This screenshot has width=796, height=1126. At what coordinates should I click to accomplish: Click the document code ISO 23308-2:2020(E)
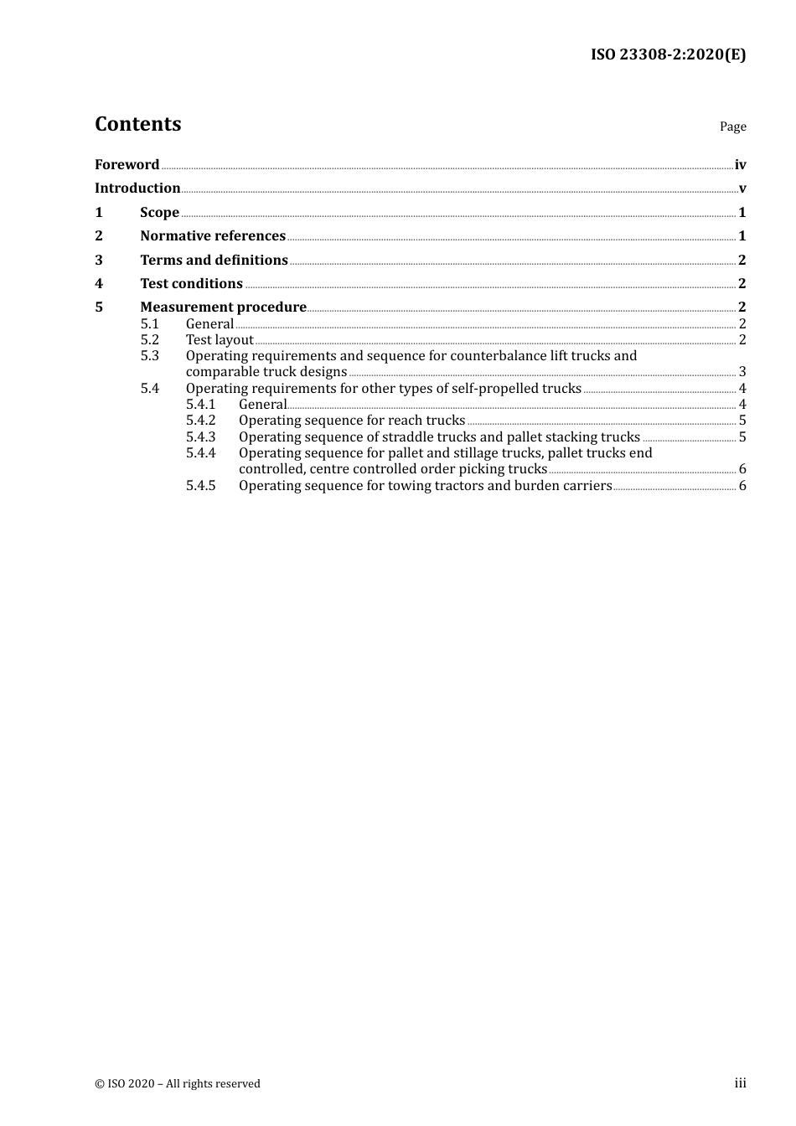[x=668, y=55]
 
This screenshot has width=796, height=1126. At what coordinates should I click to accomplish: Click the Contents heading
[x=137, y=124]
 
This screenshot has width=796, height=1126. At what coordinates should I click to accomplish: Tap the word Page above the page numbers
[x=732, y=127]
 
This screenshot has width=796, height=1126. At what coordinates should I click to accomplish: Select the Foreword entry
[x=127, y=165]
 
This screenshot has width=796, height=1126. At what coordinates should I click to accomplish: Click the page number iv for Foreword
[x=740, y=165]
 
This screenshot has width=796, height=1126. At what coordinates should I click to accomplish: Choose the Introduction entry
[x=137, y=189]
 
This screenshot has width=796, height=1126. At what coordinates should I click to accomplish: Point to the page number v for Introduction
[x=742, y=189]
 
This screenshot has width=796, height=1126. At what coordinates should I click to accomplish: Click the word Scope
[x=159, y=213]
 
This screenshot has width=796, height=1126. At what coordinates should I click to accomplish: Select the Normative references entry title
[x=213, y=236]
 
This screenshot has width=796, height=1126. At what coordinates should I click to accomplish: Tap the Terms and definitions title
[x=214, y=261]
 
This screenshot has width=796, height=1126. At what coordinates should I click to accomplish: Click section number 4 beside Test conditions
[x=99, y=284]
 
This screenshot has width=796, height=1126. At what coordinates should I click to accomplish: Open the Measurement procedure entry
[x=223, y=307]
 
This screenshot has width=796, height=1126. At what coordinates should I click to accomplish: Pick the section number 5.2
[x=149, y=340]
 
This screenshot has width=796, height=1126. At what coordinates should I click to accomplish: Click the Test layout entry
[x=220, y=340]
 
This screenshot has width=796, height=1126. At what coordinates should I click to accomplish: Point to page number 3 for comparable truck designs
[x=742, y=372]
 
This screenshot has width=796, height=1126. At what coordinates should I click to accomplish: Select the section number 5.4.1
[x=200, y=405]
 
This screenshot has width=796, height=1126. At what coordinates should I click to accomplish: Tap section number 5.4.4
[x=200, y=453]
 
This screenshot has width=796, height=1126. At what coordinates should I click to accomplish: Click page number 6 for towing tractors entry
[x=742, y=486]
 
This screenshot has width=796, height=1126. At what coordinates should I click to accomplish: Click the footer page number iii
[x=740, y=1083]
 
